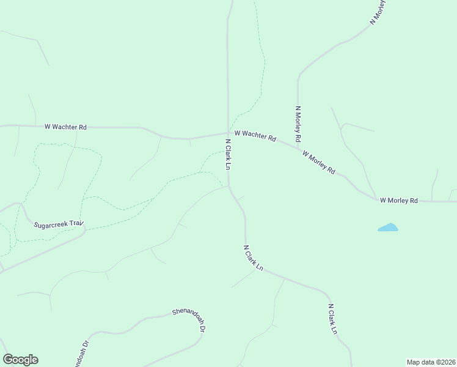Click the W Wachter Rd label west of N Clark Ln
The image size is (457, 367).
65,127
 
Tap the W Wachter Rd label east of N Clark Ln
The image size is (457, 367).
256,135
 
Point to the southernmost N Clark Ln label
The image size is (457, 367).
332,319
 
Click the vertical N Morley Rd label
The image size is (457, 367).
298,124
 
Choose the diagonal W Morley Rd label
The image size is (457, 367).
318,163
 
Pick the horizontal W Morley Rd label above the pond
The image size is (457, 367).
398,200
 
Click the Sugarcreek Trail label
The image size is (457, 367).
59,224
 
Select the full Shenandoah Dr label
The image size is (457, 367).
188,320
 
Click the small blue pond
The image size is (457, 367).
388,228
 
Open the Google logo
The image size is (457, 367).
20,360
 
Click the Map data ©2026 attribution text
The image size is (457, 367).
431,361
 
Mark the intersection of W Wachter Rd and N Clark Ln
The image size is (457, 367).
228,133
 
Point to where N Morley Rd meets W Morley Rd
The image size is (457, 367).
299,147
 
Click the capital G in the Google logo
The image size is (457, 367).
8,360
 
